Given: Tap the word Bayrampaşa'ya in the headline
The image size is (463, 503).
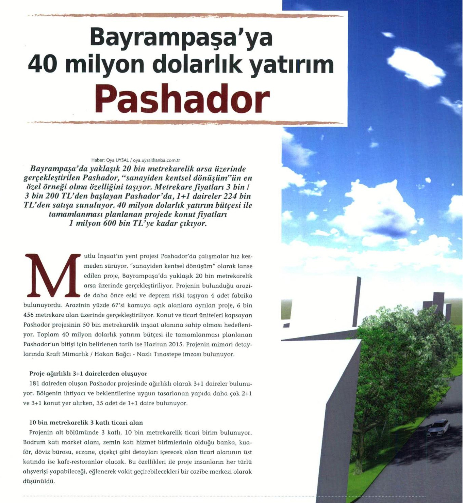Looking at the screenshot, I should click(x=181, y=37).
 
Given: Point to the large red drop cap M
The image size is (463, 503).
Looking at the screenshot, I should click(x=52, y=275).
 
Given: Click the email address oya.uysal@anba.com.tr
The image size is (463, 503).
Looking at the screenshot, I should click(x=156, y=160).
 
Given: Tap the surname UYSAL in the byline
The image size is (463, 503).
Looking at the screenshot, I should click(x=122, y=160).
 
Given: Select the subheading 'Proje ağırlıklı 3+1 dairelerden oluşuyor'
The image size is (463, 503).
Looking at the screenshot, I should click(x=88, y=374).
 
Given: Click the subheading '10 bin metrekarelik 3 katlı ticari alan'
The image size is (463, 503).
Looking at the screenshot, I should click(x=86, y=423).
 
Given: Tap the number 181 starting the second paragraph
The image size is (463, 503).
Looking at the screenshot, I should click(x=35, y=383).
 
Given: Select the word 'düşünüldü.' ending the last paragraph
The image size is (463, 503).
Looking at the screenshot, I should click(x=39, y=482).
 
